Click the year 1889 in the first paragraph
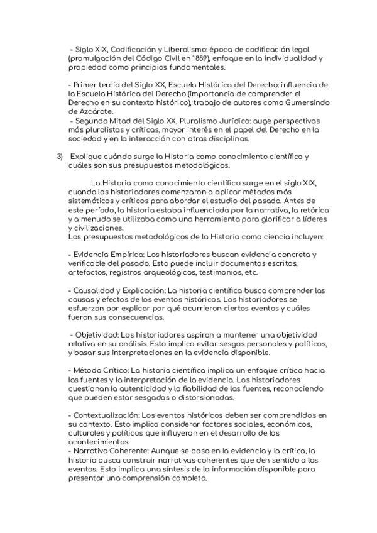[208, 58]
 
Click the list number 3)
[60, 156]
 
